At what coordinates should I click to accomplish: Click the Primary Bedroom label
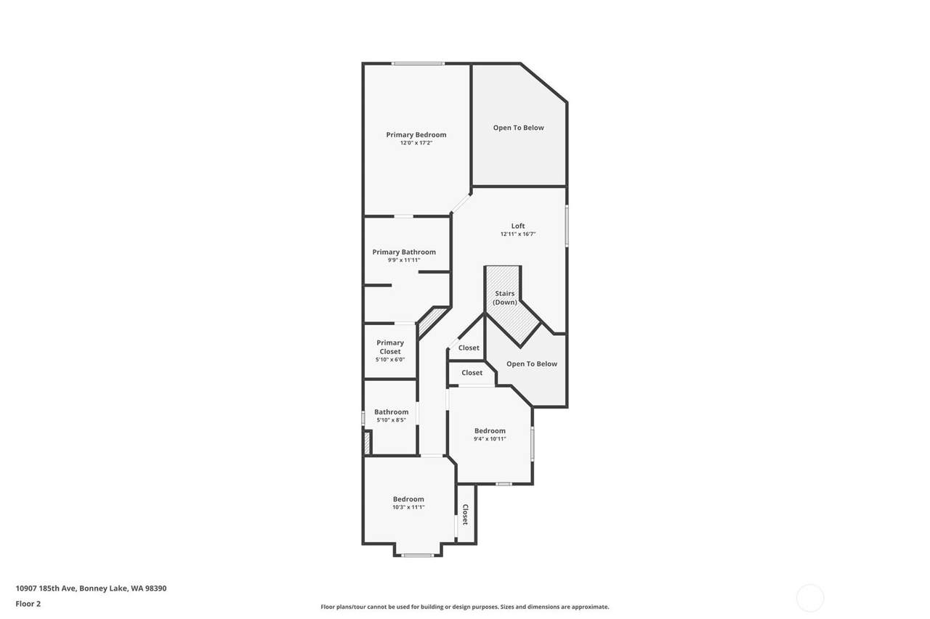pyautogui.click(x=416, y=135)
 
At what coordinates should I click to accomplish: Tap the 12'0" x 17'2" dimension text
pyautogui.click(x=416, y=143)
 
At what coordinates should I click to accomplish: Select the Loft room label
pyautogui.click(x=518, y=226)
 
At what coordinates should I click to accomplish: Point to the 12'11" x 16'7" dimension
pyautogui.click(x=518, y=234)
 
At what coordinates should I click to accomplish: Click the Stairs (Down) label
pyautogui.click(x=505, y=298)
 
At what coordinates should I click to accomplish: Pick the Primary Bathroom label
pyautogui.click(x=404, y=252)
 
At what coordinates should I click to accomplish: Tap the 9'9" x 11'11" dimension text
pyautogui.click(x=404, y=261)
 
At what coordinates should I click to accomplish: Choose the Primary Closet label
pyautogui.click(x=390, y=347)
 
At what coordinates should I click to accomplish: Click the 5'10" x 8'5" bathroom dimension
pyautogui.click(x=391, y=420)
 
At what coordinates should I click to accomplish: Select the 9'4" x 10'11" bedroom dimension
pyautogui.click(x=490, y=439)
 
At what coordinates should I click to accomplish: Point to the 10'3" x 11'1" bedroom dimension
pyautogui.click(x=408, y=507)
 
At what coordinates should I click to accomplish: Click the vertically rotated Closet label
pyautogui.click(x=466, y=515)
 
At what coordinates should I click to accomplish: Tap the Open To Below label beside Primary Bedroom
pyautogui.click(x=519, y=128)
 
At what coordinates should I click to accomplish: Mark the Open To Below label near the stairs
pyautogui.click(x=532, y=364)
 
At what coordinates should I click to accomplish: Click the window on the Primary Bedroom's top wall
pyautogui.click(x=418, y=63)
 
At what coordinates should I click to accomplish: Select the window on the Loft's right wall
pyautogui.click(x=567, y=226)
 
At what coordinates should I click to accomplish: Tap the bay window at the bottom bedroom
pyautogui.click(x=418, y=555)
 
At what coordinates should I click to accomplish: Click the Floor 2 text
pyautogui.click(x=28, y=604)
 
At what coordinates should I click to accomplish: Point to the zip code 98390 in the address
pyautogui.click(x=155, y=589)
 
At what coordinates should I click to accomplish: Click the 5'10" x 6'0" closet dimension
pyautogui.click(x=390, y=359)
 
